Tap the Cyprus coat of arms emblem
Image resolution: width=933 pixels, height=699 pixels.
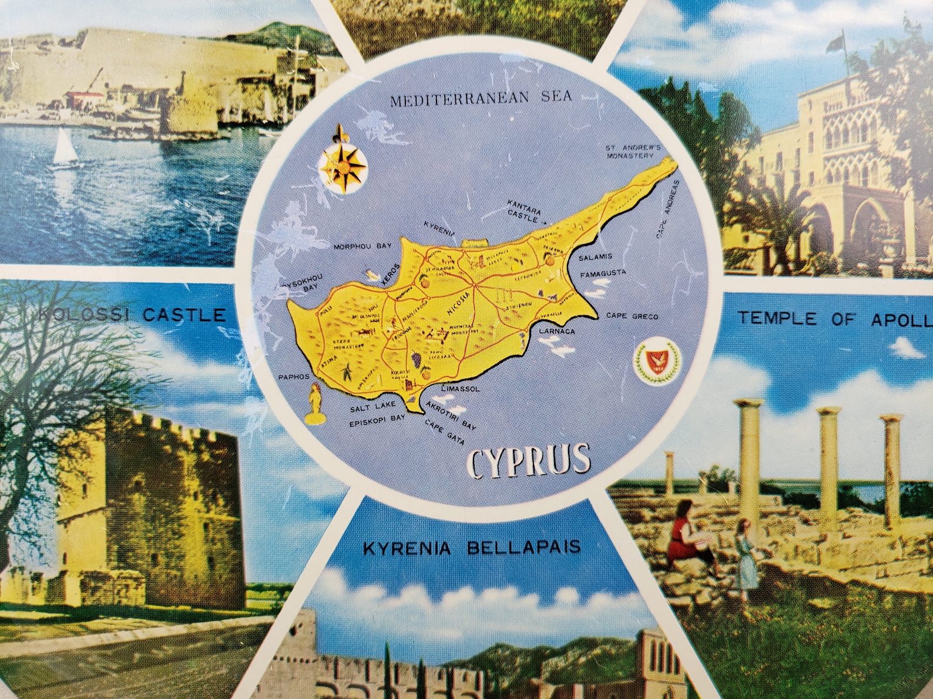651,362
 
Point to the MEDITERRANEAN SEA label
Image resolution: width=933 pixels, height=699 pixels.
481,99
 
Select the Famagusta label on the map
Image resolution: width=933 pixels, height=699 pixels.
602,273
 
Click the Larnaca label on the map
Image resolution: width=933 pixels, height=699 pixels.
556,331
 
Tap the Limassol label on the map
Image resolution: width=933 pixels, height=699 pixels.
461,389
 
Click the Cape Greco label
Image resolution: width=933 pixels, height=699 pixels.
632,317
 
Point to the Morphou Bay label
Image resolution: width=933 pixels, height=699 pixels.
362,247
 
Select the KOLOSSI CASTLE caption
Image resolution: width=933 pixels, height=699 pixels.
132,316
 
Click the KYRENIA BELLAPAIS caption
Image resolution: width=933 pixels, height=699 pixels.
472,548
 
